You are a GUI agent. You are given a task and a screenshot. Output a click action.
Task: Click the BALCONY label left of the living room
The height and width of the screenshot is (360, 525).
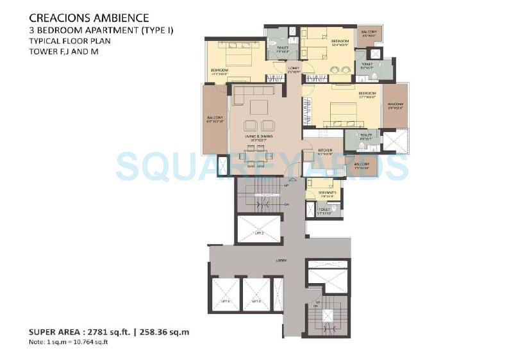pyautogui.click(x=214, y=118)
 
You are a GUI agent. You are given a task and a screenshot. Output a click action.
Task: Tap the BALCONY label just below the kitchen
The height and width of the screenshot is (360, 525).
pyautogui.click(x=362, y=164)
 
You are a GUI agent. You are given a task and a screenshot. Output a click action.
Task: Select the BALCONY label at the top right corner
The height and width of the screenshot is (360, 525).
pyautogui.click(x=369, y=32)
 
